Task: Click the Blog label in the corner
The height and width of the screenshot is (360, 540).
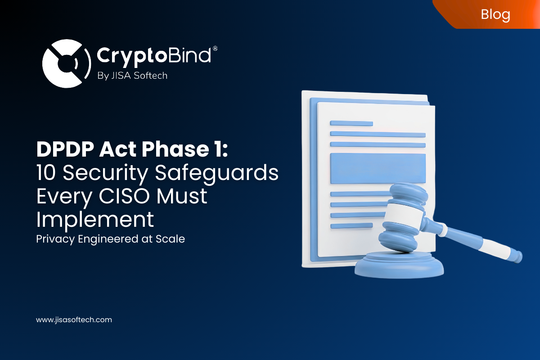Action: tap(495, 14)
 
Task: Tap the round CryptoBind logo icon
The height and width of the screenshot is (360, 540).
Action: tap(63, 63)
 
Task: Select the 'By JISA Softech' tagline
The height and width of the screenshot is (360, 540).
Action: tap(132, 76)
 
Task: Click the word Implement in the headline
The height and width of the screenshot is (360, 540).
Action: tap(95, 220)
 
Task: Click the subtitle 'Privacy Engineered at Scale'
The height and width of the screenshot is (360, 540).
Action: tap(110, 239)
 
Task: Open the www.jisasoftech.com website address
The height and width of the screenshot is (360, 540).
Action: tap(74, 320)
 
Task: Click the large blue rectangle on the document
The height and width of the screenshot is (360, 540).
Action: tap(378, 168)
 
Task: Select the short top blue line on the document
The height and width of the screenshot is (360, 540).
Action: tap(351, 123)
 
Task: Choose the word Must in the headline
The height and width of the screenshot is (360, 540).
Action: tap(184, 197)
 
